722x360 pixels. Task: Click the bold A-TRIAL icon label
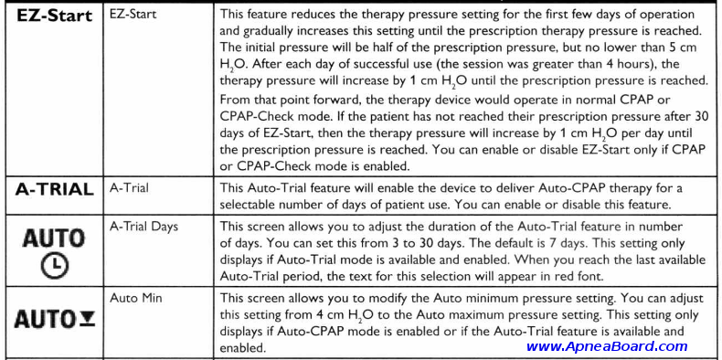(x=55, y=190)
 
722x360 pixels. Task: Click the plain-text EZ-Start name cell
(x=133, y=16)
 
